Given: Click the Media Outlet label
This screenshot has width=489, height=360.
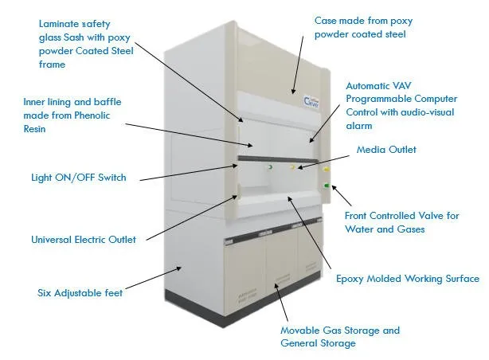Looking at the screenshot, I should click(385, 149).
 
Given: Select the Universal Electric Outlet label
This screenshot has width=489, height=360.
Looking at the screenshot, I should click(83, 239).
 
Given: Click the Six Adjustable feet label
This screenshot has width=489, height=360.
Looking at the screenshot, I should click(80, 292).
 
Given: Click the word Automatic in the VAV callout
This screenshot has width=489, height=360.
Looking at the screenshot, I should click(366, 84).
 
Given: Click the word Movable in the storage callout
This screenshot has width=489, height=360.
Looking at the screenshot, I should click(300, 331).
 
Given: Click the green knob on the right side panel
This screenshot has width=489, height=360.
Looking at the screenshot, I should click(327, 186).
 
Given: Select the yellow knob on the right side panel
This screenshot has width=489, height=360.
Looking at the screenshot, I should click(326, 169).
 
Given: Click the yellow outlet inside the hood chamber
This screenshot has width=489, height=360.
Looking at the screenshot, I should click(292, 167).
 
